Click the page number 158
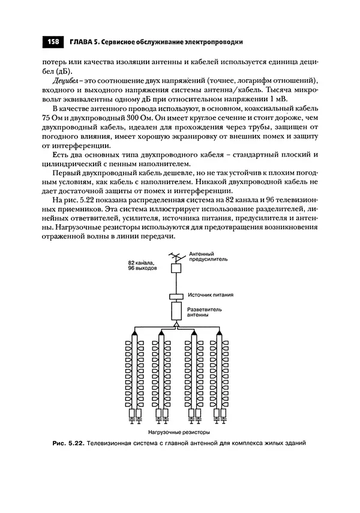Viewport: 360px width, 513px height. point(52,42)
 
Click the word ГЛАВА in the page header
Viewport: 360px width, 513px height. point(82,42)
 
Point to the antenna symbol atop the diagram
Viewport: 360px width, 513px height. point(176,257)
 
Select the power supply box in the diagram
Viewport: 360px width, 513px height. point(176,296)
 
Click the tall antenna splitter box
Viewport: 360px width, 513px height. point(176,311)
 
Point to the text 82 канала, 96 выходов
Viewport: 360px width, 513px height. point(142,266)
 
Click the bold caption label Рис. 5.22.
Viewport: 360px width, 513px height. point(66,443)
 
